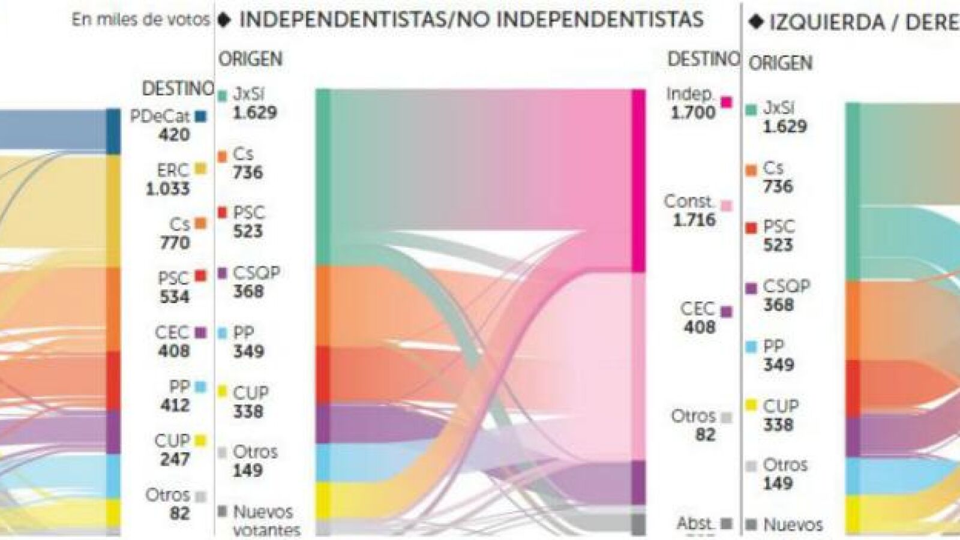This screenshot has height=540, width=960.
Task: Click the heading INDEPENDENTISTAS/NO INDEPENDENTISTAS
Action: tap(471, 20)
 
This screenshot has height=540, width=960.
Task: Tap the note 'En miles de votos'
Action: tap(140, 20)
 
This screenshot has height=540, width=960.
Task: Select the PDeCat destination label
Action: tap(160, 116)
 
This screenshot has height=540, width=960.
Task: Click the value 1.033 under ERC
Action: tap(168, 189)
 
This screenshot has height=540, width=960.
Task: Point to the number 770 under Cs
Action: tap(175, 243)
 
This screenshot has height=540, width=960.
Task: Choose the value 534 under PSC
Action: tap(175, 297)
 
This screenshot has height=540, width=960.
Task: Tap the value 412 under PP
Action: tap(175, 405)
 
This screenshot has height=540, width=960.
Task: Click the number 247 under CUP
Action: tap(175, 459)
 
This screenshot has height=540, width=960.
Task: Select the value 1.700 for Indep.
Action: tap(693, 112)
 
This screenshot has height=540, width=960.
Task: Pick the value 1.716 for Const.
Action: tap(694, 220)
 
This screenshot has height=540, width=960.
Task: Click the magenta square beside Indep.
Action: tap(727, 102)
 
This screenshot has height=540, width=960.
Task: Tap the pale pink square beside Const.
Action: tap(727, 206)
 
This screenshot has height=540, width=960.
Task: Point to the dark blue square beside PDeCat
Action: tap(200, 116)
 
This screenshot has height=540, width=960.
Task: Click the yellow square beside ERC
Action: tap(200, 169)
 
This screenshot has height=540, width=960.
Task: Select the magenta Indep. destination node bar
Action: tap(638, 180)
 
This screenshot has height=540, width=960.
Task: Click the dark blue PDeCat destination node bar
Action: tap(113, 131)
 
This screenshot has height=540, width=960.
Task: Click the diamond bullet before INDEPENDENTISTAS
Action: tap(224, 20)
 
